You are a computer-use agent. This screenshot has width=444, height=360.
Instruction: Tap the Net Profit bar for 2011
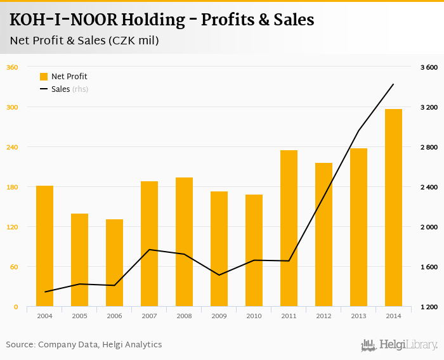(289, 228)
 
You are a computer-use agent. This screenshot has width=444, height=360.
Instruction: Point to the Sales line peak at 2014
(393, 84)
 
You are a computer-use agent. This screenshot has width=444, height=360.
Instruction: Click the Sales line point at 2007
(149, 250)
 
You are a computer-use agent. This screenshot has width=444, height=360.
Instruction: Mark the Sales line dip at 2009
(219, 275)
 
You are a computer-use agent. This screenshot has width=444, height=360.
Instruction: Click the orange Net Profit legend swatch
(44, 77)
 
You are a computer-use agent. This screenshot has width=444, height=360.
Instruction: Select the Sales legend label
(60, 89)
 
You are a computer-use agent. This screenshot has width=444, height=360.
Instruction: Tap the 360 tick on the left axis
(11, 67)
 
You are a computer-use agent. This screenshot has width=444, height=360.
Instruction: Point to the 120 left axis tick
(11, 227)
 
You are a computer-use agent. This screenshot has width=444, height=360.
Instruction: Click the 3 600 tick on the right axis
(429, 67)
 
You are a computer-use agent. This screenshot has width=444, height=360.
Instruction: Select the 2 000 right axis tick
(429, 227)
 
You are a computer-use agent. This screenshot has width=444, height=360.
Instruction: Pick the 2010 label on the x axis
(254, 316)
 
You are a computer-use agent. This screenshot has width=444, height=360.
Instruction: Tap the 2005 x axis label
(79, 316)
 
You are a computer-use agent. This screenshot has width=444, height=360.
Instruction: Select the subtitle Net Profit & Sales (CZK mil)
(84, 41)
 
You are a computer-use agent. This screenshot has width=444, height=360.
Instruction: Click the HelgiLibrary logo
(399, 345)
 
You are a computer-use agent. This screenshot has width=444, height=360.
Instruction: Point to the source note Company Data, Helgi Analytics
(100, 345)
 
